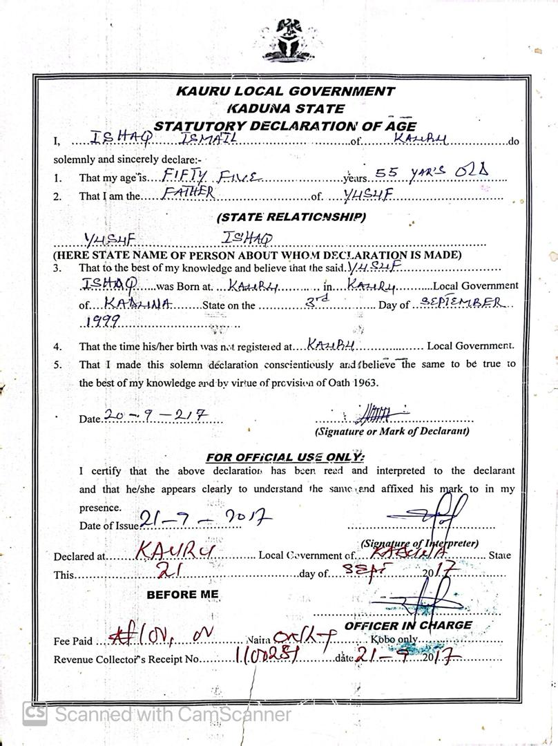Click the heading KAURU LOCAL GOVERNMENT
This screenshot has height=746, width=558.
click(285, 90)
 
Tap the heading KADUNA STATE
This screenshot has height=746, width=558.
click(285, 108)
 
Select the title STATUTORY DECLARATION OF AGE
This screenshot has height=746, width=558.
click(285, 126)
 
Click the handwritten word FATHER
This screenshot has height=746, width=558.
click(187, 193)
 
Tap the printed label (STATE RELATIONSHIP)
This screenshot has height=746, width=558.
click(291, 217)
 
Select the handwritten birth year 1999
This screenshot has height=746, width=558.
click(103, 321)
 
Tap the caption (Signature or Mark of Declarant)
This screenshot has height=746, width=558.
click(392, 431)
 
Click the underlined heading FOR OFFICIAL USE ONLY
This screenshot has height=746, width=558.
click(285, 457)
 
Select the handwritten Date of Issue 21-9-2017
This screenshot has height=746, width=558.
click(205, 519)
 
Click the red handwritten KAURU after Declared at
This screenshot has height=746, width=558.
click(176, 551)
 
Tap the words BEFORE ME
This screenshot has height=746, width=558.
click(182, 594)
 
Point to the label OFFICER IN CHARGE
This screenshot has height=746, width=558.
click(408, 625)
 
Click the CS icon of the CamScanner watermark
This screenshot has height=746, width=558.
click(35, 714)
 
